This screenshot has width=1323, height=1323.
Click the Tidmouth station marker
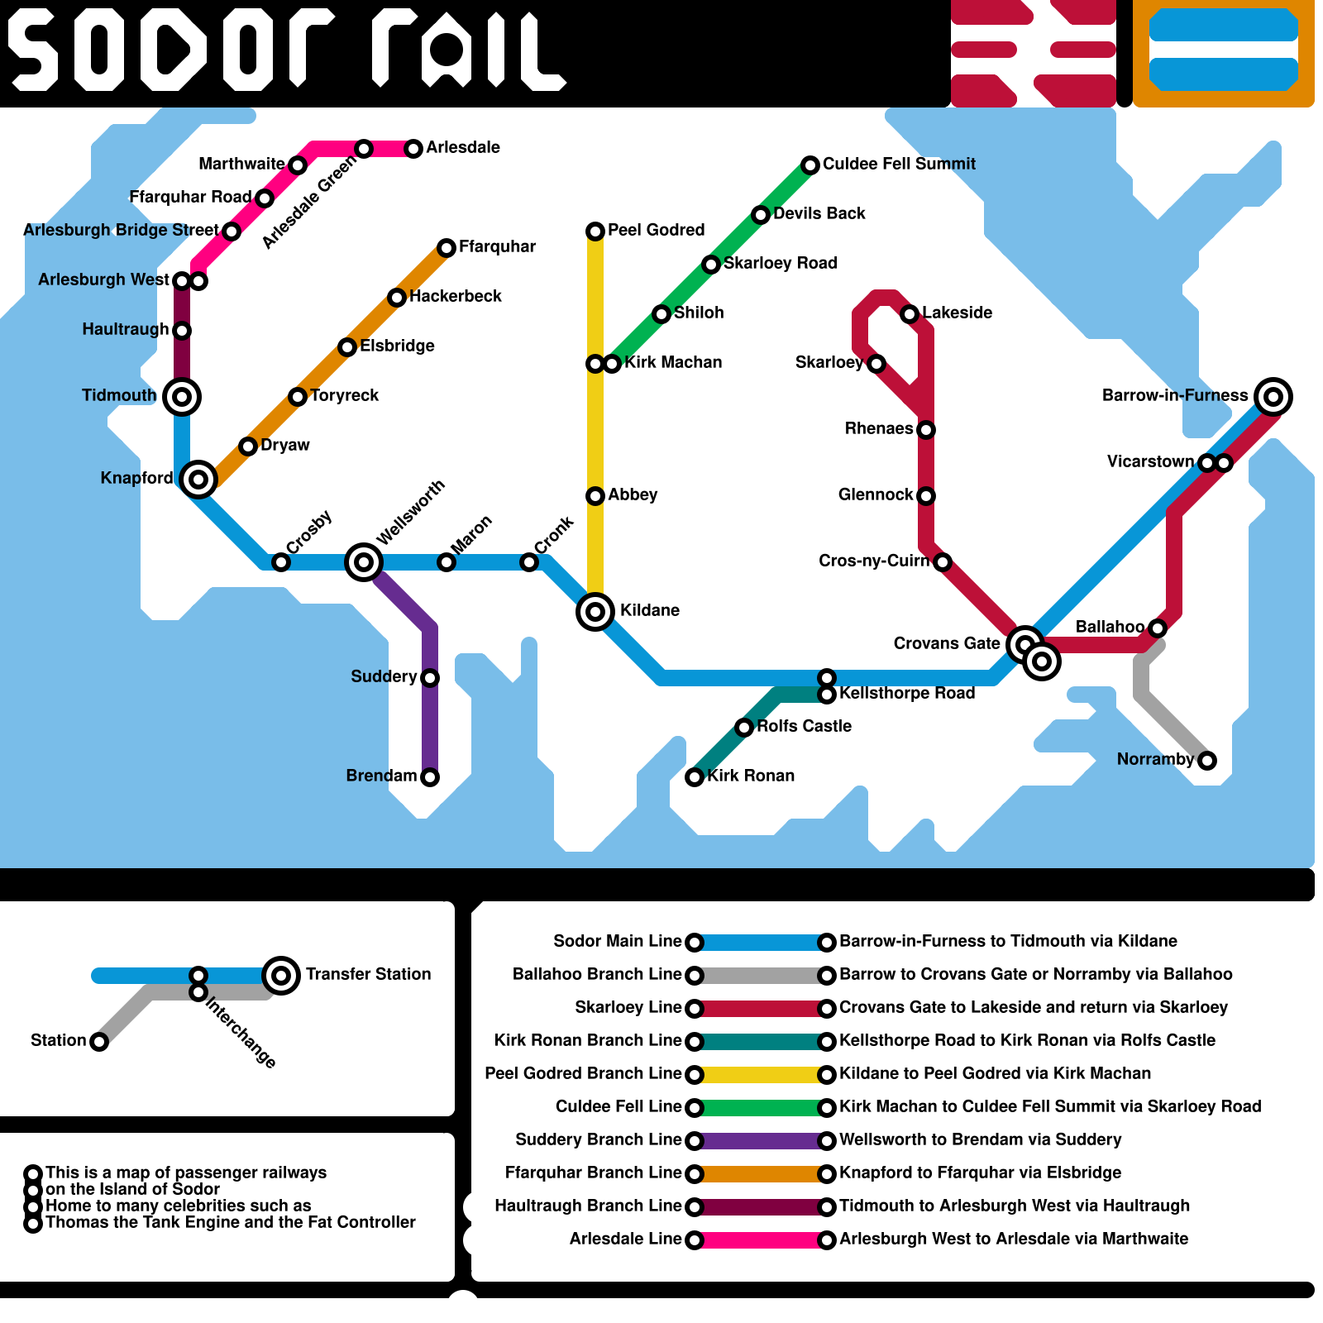tap(182, 397)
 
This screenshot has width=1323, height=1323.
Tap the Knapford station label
tap(136, 478)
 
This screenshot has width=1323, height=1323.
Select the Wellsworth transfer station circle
tap(363, 562)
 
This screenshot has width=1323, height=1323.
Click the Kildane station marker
tap(595, 612)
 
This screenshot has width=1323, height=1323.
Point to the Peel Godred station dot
tap(595, 232)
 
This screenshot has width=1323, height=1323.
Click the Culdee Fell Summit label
tap(899, 164)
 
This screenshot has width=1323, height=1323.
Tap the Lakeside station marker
tap(910, 314)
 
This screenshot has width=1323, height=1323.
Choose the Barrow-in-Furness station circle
tap(1273, 397)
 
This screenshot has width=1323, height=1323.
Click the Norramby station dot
tap(1207, 761)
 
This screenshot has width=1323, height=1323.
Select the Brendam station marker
tap(430, 777)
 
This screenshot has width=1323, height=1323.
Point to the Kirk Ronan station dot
tap(695, 777)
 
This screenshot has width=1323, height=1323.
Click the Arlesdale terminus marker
tap(413, 149)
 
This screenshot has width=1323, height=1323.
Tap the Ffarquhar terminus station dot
tap(447, 248)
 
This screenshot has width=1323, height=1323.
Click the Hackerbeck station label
tap(455, 296)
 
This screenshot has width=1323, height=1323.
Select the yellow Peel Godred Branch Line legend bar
tap(761, 1075)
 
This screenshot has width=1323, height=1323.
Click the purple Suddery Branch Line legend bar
tap(761, 1141)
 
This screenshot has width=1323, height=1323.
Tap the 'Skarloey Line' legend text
tap(628, 1007)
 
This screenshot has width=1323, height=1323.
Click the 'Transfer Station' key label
tap(368, 974)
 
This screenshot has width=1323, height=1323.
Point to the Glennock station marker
tap(926, 496)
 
